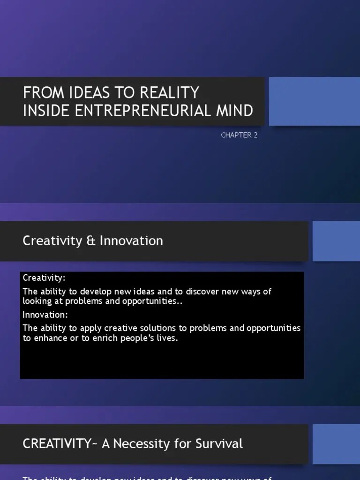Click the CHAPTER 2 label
(239, 135)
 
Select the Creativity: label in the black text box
(44, 278)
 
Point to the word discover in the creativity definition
(193, 292)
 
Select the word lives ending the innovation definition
(168, 338)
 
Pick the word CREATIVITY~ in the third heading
(60, 443)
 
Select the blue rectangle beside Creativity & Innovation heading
(336, 241)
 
